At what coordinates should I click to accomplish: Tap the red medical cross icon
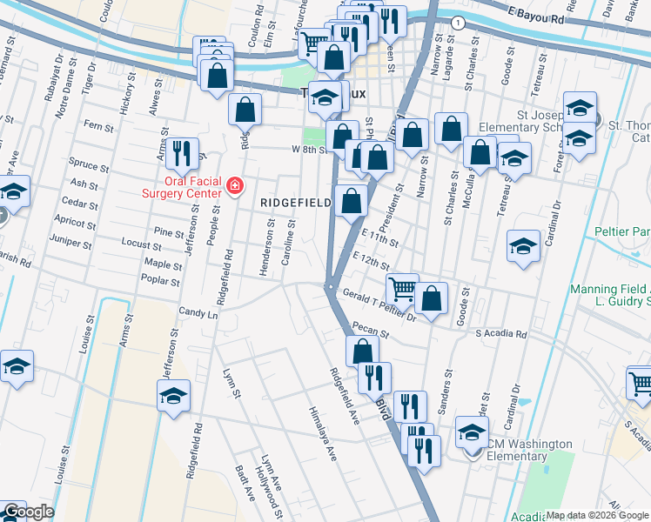click(x=233, y=185)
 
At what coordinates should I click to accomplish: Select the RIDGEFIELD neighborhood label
click(x=296, y=203)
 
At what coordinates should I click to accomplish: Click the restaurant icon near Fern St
click(x=182, y=153)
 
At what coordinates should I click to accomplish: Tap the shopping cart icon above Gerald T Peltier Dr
click(x=402, y=288)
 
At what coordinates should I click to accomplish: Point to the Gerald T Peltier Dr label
click(x=379, y=307)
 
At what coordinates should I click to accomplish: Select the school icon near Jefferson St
click(x=174, y=396)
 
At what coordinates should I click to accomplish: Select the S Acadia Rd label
click(x=501, y=334)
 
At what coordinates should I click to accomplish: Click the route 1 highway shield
click(x=458, y=22)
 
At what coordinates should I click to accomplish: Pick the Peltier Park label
click(x=623, y=232)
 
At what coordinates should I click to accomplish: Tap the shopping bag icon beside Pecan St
click(x=363, y=351)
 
